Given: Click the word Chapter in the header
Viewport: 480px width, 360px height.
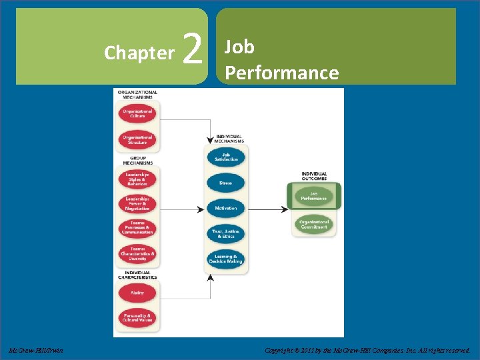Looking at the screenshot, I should coord(139,53).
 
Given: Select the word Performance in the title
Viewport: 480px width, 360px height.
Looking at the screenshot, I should coord(281,72).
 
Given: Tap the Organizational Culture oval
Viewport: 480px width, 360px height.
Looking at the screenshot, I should coord(137,113).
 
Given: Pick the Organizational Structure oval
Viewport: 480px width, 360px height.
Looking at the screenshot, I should coord(137,140).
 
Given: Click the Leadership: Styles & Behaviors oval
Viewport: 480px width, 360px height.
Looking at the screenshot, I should coord(137,179).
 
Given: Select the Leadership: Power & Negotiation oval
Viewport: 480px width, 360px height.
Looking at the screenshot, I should coord(137,203).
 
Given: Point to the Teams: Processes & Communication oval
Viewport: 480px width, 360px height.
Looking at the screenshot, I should coord(137,229).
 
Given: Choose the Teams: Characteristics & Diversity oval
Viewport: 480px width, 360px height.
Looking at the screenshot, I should coord(137,255).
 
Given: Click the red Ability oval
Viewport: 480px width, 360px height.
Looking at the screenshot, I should coord(137,293).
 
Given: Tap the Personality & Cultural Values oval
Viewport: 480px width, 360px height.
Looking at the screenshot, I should coord(137,317).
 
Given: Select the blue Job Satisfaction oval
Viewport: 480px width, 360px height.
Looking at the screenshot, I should coord(226,157).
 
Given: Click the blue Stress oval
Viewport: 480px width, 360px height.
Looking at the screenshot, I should coord(226,183).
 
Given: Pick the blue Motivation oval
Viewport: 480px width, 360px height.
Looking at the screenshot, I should coord(226,208).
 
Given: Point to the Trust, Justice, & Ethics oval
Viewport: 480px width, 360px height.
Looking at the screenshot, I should coord(226,233).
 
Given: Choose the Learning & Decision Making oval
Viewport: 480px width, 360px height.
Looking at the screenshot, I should coord(226,259).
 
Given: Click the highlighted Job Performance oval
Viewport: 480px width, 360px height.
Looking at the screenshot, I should coord(313,197).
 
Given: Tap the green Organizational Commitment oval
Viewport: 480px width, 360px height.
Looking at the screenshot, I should coord(313,225).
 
